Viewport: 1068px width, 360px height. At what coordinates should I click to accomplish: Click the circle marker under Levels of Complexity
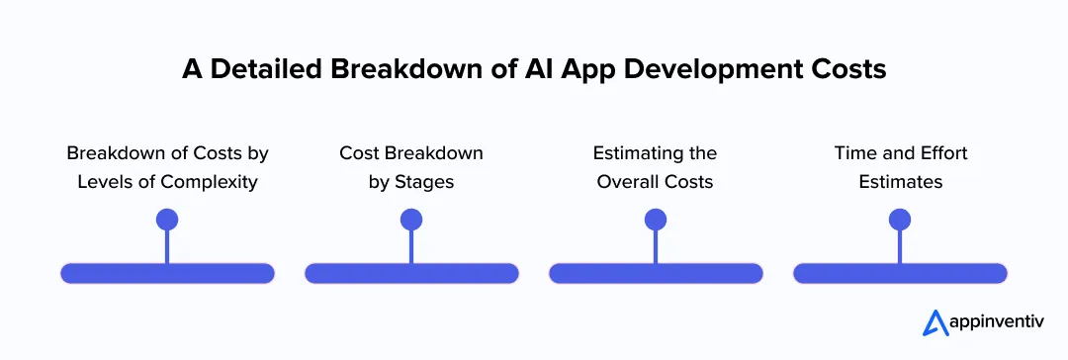coord(167,220)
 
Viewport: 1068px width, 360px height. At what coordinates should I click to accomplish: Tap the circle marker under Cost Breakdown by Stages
coord(411,220)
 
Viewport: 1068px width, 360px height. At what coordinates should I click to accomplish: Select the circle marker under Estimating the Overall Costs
coord(656,220)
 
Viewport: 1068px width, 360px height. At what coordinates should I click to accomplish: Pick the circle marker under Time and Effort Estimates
coord(900,220)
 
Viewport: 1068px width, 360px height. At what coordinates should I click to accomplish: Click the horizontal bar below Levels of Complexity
coord(167,274)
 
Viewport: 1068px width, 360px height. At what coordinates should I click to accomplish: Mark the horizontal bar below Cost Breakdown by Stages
coord(411,274)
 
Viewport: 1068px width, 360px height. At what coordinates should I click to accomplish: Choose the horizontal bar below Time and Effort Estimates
coord(900,274)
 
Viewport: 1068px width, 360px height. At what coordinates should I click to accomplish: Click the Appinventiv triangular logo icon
coord(934,322)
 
